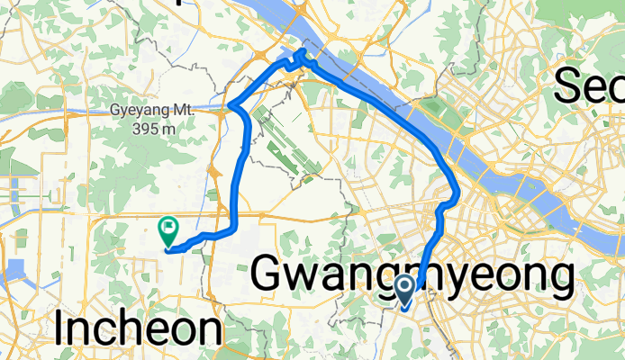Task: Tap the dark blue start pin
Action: [x=405, y=290]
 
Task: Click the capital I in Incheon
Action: [x=59, y=329]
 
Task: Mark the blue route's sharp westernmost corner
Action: [x=231, y=106]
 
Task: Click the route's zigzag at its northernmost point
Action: [x=300, y=59]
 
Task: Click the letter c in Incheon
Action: [x=97, y=331]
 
